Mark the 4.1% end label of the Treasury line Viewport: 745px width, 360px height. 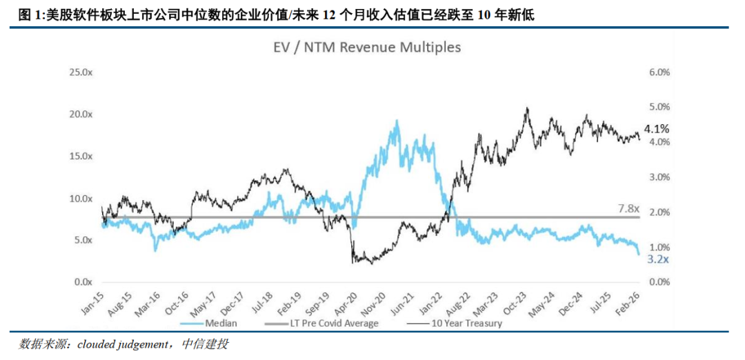coord(656,129)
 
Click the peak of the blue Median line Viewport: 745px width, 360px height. coord(397,122)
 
